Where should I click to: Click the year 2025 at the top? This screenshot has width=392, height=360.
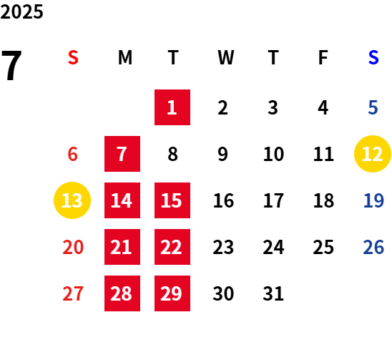click(x=21, y=11)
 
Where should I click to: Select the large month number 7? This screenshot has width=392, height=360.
click(x=11, y=65)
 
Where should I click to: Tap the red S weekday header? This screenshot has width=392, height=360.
click(x=73, y=57)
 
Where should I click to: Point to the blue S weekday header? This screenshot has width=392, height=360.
click(x=373, y=57)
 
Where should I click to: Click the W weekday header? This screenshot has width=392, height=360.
click(x=226, y=57)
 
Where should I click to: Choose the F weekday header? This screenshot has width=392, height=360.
click(x=323, y=57)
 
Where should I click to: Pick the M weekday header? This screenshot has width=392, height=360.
click(x=125, y=57)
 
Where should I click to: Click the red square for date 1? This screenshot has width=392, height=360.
click(x=172, y=107)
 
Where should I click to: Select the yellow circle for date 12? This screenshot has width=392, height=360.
click(x=373, y=154)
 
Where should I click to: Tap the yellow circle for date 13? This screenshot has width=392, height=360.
click(x=72, y=200)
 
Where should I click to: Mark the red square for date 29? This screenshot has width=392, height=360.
click(x=172, y=293)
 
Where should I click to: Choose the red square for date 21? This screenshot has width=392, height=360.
click(x=122, y=247)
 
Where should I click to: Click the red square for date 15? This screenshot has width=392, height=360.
click(x=172, y=200)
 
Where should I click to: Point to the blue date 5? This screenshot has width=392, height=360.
click(x=373, y=107)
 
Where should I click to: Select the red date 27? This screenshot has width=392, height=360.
click(x=73, y=293)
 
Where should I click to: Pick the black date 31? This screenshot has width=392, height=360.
click(x=273, y=293)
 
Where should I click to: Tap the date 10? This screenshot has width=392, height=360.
click(x=273, y=154)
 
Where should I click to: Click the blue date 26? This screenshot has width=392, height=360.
click(x=373, y=247)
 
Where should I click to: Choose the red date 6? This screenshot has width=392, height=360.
click(x=73, y=154)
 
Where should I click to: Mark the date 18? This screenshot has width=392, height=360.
click(x=323, y=200)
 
